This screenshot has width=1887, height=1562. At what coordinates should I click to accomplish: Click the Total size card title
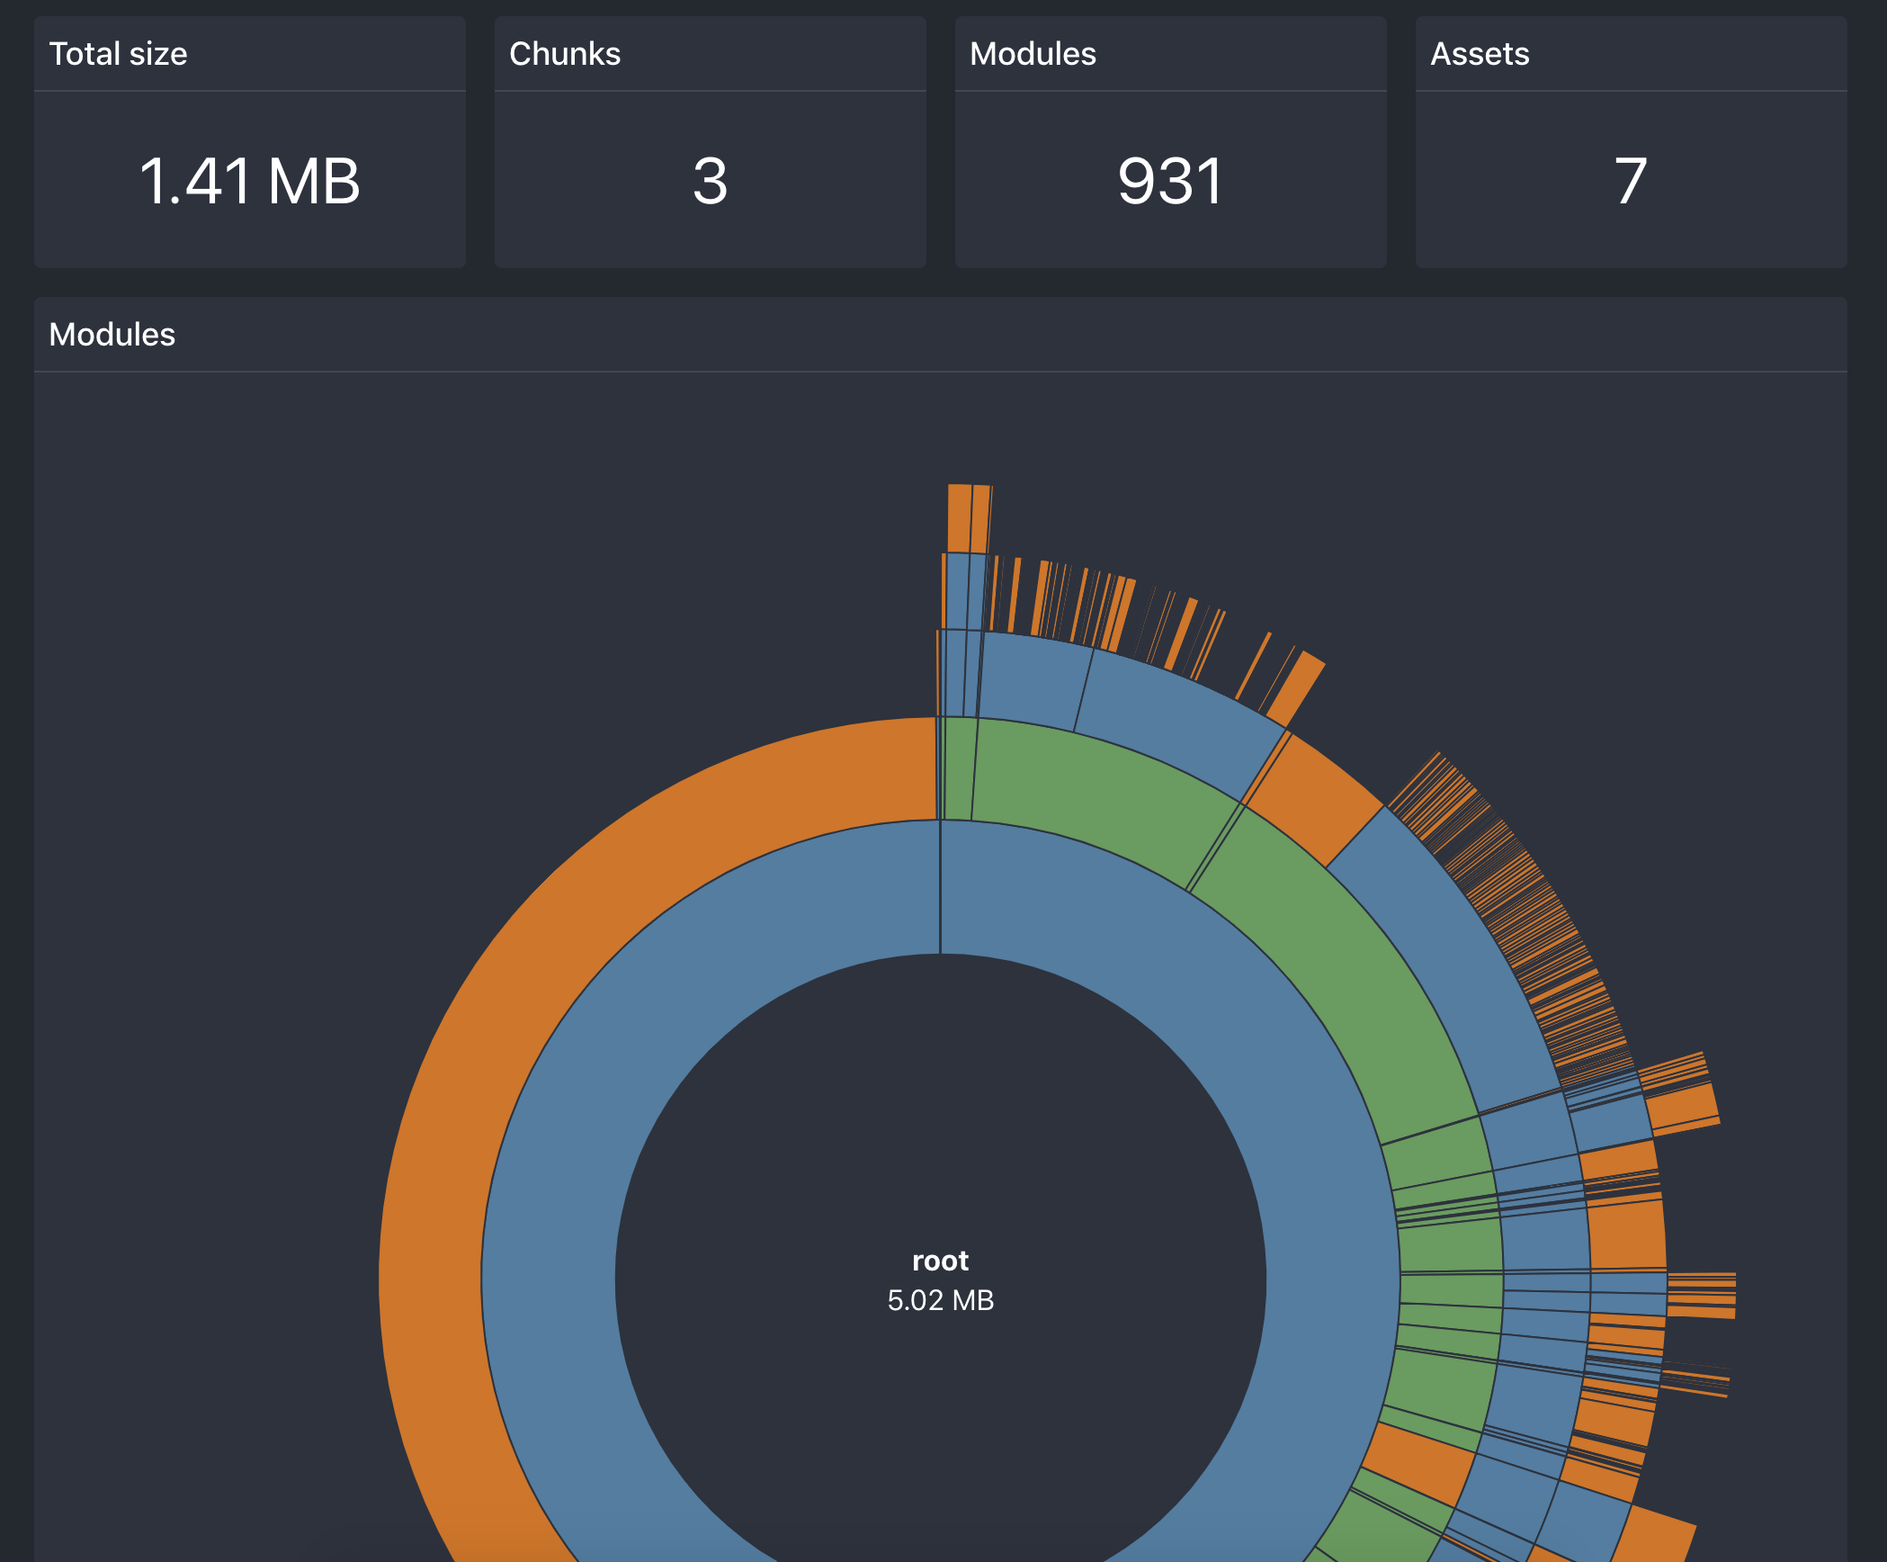point(118,54)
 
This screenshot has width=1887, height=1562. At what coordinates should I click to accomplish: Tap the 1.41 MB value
point(249,181)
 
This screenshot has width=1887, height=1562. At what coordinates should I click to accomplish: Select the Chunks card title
point(564,54)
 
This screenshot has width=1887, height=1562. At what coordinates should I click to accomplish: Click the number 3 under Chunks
point(710,181)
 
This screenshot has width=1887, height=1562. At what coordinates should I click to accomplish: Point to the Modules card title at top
point(1032,54)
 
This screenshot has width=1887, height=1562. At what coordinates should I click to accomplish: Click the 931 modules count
point(1170,181)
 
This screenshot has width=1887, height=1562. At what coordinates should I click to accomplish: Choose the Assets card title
point(1479,54)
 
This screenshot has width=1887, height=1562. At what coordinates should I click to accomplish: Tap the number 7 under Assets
point(1630,181)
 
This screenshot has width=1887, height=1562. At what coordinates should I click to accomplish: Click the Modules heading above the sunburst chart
point(112,335)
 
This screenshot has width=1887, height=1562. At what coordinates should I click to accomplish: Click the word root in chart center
point(940,1261)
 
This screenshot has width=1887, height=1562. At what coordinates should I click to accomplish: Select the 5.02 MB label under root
point(940,1300)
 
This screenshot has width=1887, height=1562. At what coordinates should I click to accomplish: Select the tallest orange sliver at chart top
point(959,517)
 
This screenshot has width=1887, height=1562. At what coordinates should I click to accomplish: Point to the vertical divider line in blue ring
point(940,886)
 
